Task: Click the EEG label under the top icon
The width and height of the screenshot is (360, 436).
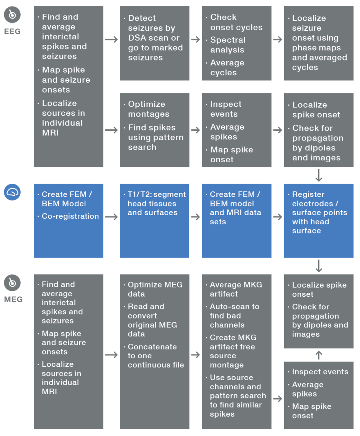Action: [12, 32]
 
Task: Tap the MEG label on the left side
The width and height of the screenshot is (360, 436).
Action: [13, 299]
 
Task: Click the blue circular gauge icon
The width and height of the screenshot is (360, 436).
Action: [12, 193]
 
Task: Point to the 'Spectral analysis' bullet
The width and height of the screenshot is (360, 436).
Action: [227, 45]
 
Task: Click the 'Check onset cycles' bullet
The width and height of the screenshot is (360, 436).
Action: [236, 22]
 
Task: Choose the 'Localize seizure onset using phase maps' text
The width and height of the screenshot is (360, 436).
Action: [319, 42]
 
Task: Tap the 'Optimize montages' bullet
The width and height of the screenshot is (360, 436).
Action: [146, 109]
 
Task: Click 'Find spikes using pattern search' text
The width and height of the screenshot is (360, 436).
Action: [155, 137]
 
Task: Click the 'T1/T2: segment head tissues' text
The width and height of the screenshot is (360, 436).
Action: [156, 203]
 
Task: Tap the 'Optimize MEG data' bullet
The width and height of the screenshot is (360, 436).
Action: [155, 289]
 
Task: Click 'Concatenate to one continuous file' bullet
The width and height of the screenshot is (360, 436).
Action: [155, 356]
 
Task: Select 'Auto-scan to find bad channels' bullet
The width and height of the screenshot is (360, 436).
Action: [234, 316]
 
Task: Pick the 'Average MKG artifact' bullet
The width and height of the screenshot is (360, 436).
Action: [232, 289]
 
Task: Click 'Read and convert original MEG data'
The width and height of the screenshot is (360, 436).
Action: [152, 320]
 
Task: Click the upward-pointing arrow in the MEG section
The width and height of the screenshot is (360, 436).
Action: [319, 355]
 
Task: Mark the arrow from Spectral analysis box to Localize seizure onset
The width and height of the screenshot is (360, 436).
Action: [278, 39]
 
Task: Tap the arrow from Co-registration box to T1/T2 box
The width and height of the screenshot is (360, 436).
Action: [111, 217]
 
